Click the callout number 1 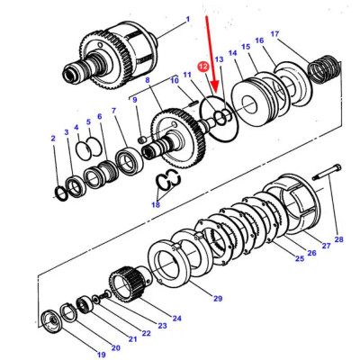point(187,19)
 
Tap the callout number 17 point(275,35)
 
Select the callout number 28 point(338,240)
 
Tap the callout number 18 point(157,205)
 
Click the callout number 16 point(259,41)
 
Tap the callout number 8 point(146,81)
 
